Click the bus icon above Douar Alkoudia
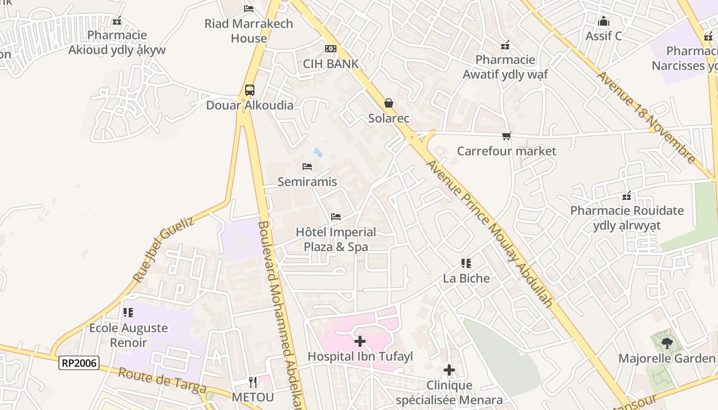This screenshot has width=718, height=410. (x=249, y=91)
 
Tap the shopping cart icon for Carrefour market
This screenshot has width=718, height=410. (x=507, y=136)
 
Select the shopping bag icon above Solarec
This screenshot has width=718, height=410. (x=389, y=103)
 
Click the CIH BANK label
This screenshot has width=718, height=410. (x=331, y=64)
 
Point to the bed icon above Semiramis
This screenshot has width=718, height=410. (x=307, y=167)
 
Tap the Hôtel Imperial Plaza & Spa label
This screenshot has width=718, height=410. (x=336, y=239)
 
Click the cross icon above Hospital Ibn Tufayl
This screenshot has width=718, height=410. (x=360, y=341)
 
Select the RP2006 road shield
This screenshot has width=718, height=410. (x=78, y=363)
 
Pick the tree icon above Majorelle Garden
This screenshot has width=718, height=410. (x=667, y=343)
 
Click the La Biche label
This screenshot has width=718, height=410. (x=466, y=278)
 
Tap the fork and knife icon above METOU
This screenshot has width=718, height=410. (x=253, y=382)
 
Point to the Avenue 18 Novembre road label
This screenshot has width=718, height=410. (x=647, y=117)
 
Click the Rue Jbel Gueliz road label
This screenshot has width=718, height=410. (x=164, y=249)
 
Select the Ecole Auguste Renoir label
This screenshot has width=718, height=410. (x=128, y=335)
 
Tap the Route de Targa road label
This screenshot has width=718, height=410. (x=162, y=380)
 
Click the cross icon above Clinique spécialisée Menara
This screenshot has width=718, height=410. (x=449, y=370)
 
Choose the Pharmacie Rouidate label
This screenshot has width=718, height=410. (x=627, y=218)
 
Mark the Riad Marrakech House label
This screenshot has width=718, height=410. (x=249, y=31)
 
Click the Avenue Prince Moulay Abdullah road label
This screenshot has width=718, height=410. (x=490, y=234)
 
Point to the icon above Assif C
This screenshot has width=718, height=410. (x=604, y=21)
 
